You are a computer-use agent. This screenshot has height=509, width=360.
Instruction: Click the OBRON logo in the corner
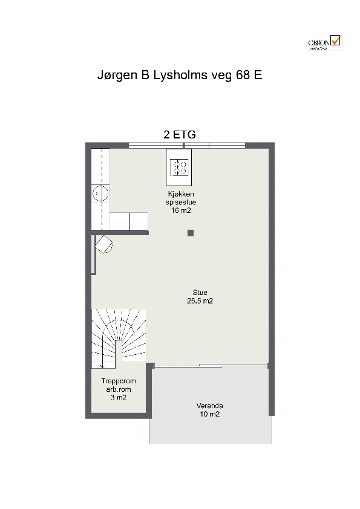324,43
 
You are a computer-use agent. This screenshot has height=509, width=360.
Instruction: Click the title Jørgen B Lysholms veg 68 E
180,76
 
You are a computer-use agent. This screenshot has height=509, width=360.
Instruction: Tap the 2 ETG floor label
180,135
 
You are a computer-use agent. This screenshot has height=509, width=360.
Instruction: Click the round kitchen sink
100,193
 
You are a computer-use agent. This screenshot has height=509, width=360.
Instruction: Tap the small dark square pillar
190,233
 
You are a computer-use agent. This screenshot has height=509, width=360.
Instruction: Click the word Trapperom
118,381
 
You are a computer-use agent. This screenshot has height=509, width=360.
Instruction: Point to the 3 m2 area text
118,397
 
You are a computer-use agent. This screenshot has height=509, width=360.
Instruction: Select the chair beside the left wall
103,245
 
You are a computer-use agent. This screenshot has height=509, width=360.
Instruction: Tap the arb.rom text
118,389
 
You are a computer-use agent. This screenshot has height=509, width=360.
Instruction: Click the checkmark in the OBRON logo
336,40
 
